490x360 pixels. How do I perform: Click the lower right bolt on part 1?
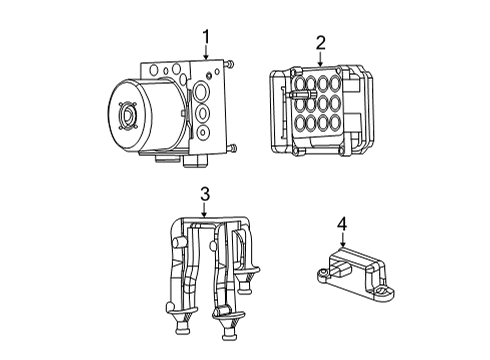click(231, 149)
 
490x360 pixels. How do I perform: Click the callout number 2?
click(320, 42)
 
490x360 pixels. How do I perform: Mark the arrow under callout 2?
click(320, 60)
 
